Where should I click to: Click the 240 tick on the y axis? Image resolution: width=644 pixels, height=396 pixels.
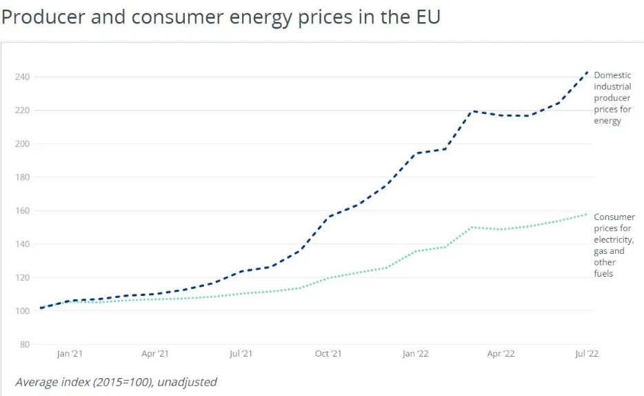pyautogui.click(x=22, y=77)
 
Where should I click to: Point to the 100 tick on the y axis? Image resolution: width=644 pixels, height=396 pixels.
pyautogui.click(x=22, y=311)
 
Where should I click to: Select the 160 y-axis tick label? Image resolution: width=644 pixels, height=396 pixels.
pyautogui.click(x=22, y=211)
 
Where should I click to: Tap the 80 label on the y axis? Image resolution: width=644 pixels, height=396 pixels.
pyautogui.click(x=24, y=345)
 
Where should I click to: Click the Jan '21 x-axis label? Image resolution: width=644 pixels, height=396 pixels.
pyautogui.click(x=70, y=354)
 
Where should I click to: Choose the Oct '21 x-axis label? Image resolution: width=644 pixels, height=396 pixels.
pyautogui.click(x=328, y=354)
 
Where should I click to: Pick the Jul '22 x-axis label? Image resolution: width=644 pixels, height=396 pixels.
pyautogui.click(x=587, y=354)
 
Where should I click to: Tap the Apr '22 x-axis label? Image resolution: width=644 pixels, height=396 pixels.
pyautogui.click(x=501, y=354)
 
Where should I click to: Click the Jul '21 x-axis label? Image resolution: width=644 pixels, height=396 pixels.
pyautogui.click(x=241, y=354)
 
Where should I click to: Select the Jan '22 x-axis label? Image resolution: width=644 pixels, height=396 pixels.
pyautogui.click(x=415, y=354)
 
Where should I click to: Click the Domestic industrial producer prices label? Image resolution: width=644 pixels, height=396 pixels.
pyautogui.click(x=612, y=98)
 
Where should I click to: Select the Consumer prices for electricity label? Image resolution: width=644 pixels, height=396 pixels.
pyautogui.click(x=614, y=245)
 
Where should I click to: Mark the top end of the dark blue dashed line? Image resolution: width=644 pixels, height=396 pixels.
pyautogui.click(x=587, y=71)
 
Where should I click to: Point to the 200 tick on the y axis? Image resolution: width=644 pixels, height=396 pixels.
pyautogui.click(x=22, y=144)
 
